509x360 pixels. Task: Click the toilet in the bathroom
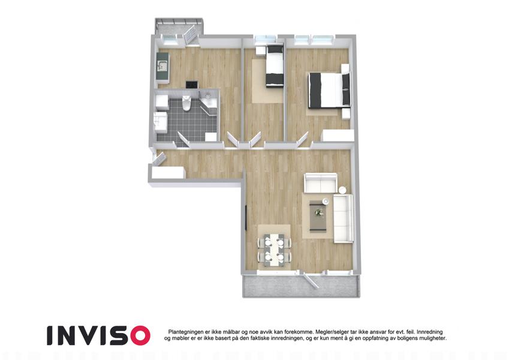click(186, 103)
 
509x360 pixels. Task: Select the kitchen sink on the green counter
click(162, 66)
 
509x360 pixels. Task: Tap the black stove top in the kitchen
click(192, 85)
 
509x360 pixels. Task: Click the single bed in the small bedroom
click(275, 66)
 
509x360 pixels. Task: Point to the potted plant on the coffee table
click(318, 212)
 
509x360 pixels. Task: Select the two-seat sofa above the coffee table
click(320, 183)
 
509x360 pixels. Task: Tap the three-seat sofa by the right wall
click(344, 218)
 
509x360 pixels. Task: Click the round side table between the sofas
click(343, 190)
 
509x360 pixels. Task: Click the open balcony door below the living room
click(311, 280)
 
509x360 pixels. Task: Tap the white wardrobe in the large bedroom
click(338, 136)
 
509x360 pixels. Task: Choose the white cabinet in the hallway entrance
click(168, 172)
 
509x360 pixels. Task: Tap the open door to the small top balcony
click(190, 35)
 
